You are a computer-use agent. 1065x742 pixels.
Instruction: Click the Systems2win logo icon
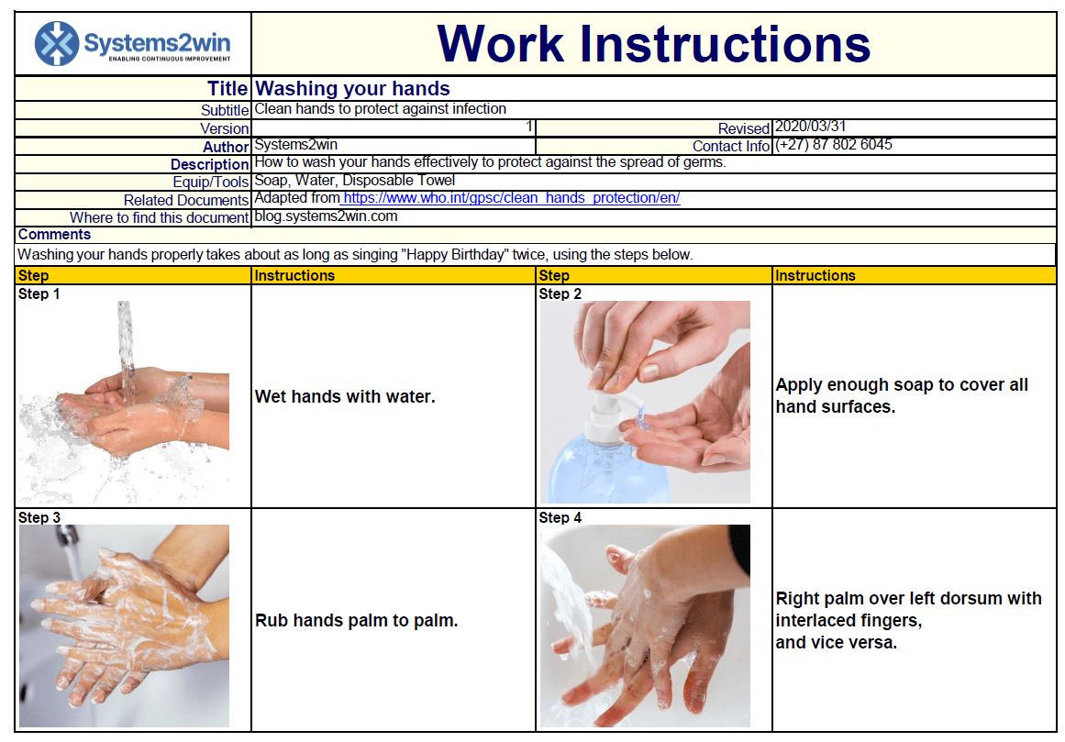(57, 43)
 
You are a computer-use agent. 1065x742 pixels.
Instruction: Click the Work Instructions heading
(653, 43)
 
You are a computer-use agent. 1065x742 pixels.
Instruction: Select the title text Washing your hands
(352, 89)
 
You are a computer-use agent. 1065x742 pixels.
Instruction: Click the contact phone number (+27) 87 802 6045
(834, 145)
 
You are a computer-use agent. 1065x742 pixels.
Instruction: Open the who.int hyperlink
(511, 198)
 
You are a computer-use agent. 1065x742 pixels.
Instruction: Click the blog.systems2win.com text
(326, 216)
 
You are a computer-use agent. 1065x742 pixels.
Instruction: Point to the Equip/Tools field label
(210, 182)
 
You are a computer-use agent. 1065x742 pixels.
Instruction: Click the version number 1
(529, 127)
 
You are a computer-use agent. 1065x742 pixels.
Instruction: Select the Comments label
(54, 235)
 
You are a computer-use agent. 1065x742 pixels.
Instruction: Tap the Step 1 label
(39, 293)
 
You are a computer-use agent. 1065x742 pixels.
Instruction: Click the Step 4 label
(560, 517)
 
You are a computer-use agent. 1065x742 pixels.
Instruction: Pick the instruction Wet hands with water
(345, 396)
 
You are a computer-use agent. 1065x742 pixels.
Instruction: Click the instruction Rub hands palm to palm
(356, 620)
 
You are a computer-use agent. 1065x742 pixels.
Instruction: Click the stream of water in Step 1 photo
(125, 339)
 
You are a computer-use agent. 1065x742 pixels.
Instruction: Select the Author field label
(226, 147)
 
